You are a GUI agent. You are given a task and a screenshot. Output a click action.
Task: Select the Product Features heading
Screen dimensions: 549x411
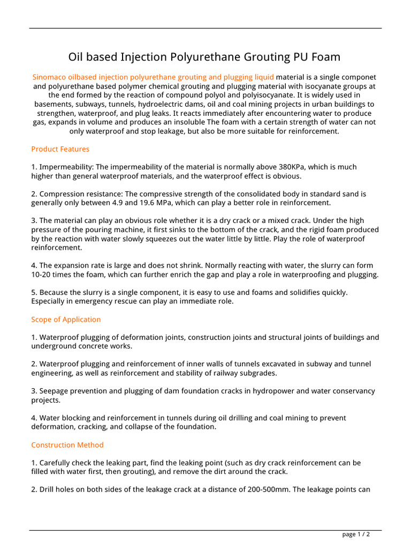click(60, 149)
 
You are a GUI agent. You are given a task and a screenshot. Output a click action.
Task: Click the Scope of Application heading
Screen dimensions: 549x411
click(66, 320)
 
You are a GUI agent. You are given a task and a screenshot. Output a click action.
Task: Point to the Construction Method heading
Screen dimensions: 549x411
click(67, 445)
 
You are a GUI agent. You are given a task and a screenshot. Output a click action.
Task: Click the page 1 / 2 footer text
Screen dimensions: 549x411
click(356, 534)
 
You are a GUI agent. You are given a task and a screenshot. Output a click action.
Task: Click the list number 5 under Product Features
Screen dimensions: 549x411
click(33, 292)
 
